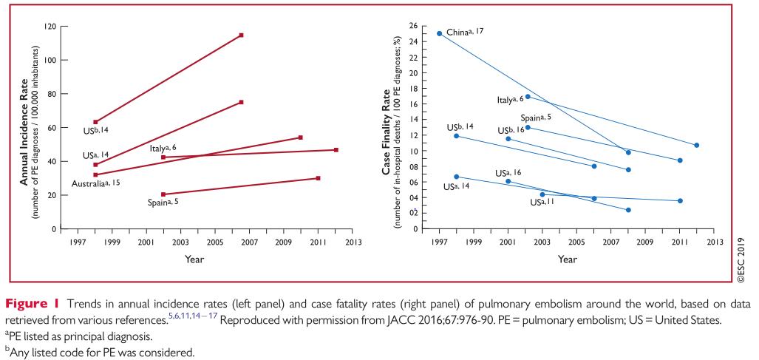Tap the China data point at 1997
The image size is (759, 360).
[440, 33]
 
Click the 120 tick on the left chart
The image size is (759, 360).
[51, 26]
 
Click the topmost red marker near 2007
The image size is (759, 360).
[242, 35]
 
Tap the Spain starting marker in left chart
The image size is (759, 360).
[163, 194]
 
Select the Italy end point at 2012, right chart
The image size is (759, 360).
[696, 145]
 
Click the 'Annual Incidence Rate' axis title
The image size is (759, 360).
[24, 128]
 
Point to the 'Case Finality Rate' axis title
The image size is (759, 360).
[387, 128]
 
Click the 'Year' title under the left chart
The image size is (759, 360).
[195, 259]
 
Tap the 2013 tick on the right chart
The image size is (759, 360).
[713, 242]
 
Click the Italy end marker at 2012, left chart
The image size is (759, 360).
[336, 150]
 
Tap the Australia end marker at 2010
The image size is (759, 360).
[301, 137]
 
